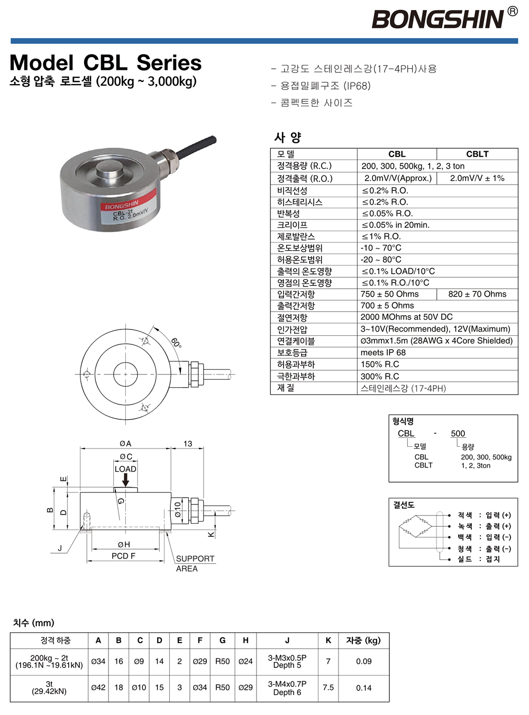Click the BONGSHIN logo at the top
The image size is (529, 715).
coord(438,20)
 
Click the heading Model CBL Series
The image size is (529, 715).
coord(105,63)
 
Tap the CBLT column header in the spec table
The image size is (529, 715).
coord(477,154)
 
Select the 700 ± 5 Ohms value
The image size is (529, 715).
coord(387,306)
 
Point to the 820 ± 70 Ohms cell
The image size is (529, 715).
coord(477,294)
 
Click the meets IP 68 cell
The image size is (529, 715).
coord(383,353)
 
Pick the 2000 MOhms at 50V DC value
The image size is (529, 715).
coord(406,317)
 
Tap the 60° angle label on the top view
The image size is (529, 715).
coord(176,343)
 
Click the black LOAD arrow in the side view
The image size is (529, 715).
coord(125,480)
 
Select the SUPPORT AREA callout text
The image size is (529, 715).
coord(195,563)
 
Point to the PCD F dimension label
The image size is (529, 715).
coord(123,556)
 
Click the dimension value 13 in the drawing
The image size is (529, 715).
coord(188,444)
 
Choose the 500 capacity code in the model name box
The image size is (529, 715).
coord(458,434)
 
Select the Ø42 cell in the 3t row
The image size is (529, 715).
coord(98,687)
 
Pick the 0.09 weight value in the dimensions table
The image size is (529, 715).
coord(363,661)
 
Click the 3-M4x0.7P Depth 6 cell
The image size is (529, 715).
coord(287,688)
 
